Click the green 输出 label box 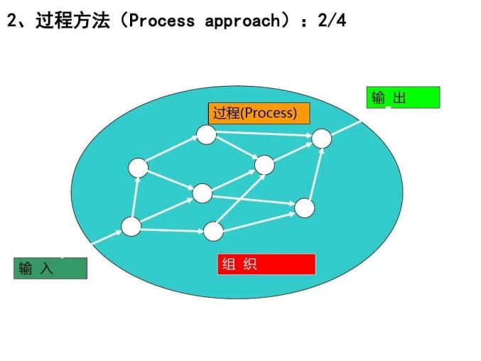tap(403, 97)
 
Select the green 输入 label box tap(50, 269)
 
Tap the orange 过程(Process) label tap(253, 113)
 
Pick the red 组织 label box tap(266, 264)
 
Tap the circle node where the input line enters tap(131, 227)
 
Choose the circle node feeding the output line tap(322, 139)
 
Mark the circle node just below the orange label tap(206, 134)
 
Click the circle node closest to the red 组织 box tap(213, 231)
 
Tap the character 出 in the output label tap(399, 98)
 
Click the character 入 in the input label tap(46, 269)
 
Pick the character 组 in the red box tap(229, 264)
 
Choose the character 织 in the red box tap(249, 264)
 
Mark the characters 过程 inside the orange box tap(227, 113)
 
